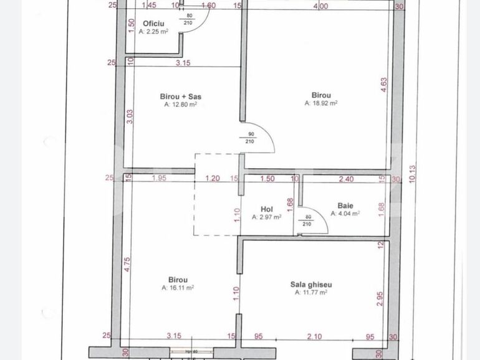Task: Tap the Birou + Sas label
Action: click(x=180, y=97)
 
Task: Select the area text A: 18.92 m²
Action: click(x=321, y=103)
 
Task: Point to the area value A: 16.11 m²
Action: click(x=178, y=288)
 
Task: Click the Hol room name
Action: click(x=266, y=209)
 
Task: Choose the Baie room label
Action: click(x=345, y=205)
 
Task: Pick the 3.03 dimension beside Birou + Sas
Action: click(x=129, y=116)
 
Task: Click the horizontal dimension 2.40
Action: click(x=346, y=179)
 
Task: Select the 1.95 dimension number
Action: click(x=159, y=179)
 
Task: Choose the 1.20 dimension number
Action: click(x=213, y=179)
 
